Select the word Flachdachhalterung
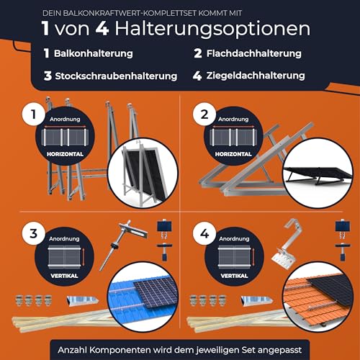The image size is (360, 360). tap(261, 54)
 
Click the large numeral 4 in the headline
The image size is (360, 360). tap(135, 29)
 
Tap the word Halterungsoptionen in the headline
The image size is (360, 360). tap(230, 29)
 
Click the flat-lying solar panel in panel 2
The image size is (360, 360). tap(317, 173)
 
